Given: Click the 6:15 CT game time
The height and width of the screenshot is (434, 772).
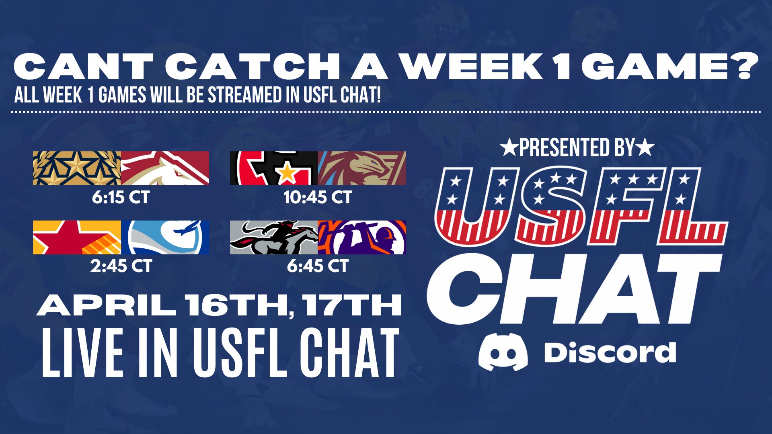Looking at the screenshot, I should tap(121, 197).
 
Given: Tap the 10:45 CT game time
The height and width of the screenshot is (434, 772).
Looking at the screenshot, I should tap(318, 197).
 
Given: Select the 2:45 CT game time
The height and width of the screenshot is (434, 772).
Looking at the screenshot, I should tap(121, 266).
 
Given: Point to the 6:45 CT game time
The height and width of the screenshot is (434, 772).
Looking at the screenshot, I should tap(318, 266).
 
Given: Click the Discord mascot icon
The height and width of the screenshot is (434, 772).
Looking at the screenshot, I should tap(503, 352).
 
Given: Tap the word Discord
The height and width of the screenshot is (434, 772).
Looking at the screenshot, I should tap(610, 353).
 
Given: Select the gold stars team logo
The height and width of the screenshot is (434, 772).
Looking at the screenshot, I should tap(77, 168).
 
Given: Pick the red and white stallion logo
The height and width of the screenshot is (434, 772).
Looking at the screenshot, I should tap(165, 168).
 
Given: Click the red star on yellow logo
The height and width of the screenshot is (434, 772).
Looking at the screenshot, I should tap(77, 237).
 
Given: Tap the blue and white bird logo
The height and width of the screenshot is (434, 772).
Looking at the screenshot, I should tap(165, 237).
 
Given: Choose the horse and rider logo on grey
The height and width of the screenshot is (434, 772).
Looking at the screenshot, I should tap(274, 237).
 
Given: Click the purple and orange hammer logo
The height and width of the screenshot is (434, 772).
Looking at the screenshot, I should tap(362, 237).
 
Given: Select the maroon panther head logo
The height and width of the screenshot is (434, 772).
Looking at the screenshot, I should tap(362, 168).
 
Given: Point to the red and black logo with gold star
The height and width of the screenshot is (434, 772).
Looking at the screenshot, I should tap(274, 168).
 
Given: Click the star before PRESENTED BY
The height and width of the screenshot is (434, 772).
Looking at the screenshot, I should tap(509, 148).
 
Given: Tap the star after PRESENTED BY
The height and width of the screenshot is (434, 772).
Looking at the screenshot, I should tap(646, 148).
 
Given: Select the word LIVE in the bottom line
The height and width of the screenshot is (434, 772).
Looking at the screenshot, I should tap(82, 353).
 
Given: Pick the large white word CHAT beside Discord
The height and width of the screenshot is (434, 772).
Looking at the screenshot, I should tap(571, 289).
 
